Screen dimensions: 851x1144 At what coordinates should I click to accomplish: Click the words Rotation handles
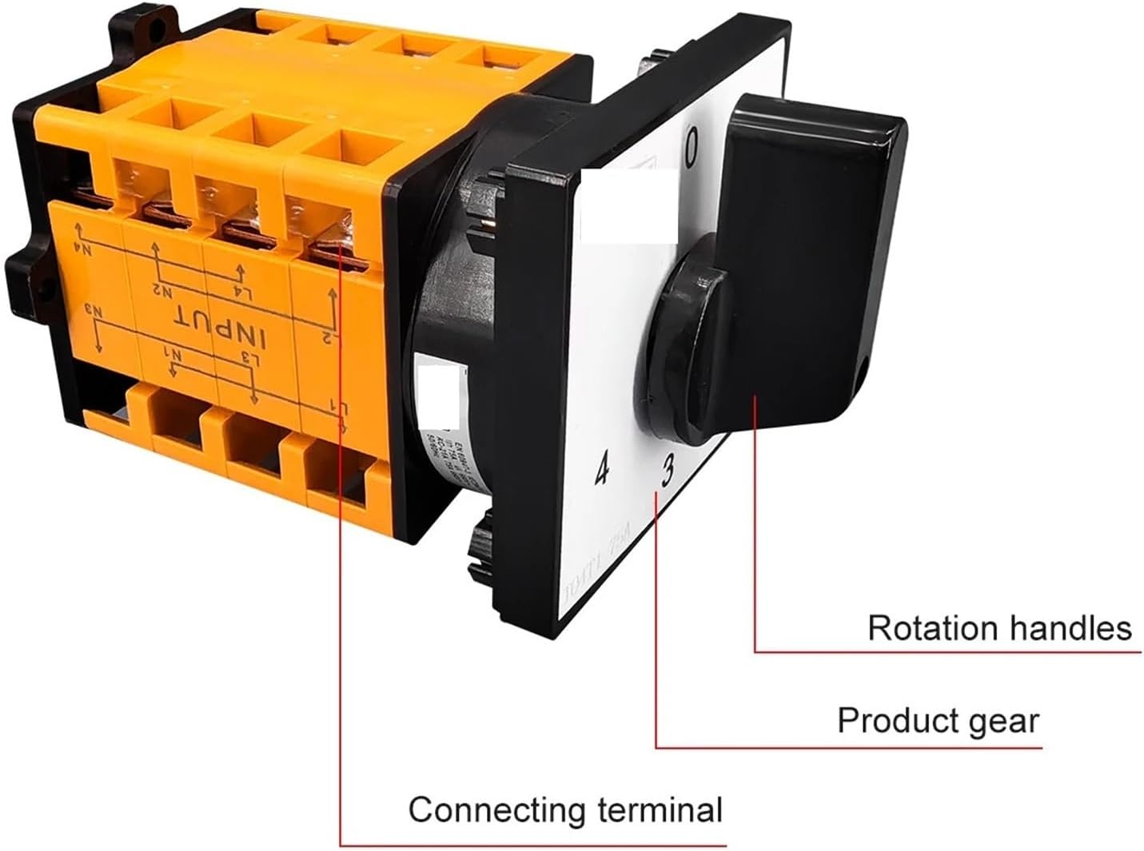click(x=999, y=628)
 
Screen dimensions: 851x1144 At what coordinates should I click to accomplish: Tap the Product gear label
click(x=938, y=721)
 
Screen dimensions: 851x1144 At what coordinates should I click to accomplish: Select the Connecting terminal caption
click(x=565, y=810)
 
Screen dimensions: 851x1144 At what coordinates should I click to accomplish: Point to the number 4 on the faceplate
click(x=602, y=471)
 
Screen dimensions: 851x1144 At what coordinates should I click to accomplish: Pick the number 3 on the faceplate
click(x=668, y=474)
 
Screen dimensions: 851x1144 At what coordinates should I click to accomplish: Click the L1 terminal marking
click(x=340, y=409)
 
